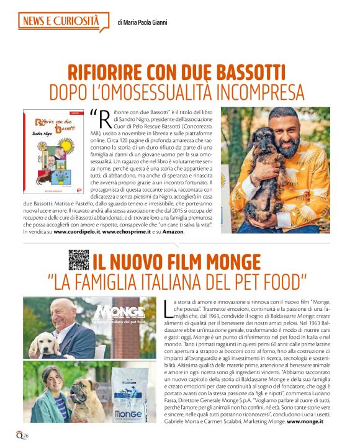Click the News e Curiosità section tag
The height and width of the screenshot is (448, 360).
(60, 22)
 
